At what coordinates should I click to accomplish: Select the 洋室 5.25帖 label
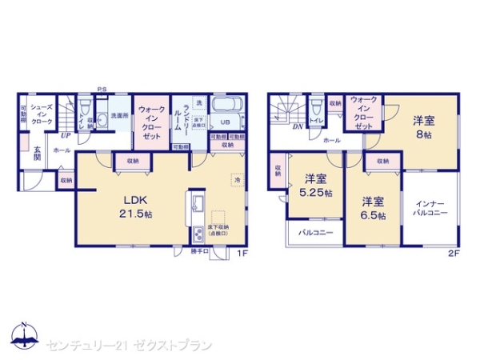point(315,186)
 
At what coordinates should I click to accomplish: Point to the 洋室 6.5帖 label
point(372,208)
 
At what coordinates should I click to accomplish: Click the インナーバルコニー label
point(430,208)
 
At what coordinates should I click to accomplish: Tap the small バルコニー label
point(315,234)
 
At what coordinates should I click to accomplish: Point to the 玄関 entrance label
point(37,152)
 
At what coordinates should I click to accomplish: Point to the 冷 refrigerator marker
point(237,181)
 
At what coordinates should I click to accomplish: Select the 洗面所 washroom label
point(119,114)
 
